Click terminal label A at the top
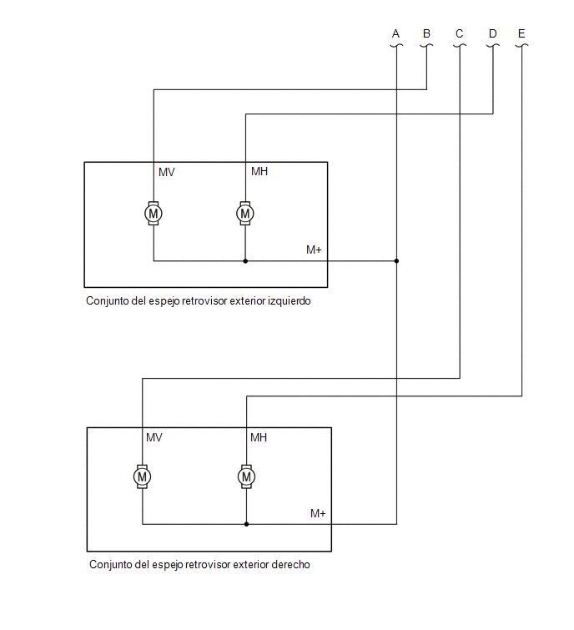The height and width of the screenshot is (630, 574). pyautogui.click(x=395, y=33)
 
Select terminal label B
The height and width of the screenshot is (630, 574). pyautogui.click(x=426, y=33)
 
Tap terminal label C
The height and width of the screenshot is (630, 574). pyautogui.click(x=460, y=33)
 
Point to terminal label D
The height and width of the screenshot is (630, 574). pyautogui.click(x=493, y=33)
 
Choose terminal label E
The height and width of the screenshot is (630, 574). pyautogui.click(x=521, y=33)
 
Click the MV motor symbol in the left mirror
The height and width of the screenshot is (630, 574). pyautogui.click(x=154, y=214)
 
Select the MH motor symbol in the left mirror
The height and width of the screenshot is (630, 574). pyautogui.click(x=245, y=214)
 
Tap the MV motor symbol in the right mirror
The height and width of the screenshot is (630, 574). pyautogui.click(x=142, y=477)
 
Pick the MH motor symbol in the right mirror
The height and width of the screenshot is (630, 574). pyautogui.click(x=246, y=477)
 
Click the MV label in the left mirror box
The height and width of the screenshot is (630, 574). pyautogui.click(x=167, y=173)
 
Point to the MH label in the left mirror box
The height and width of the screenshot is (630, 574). pyautogui.click(x=259, y=172)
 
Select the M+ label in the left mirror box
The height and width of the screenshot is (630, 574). pyautogui.click(x=314, y=249)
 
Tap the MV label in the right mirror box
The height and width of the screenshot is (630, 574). pyautogui.click(x=154, y=437)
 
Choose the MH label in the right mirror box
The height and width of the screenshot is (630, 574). pyautogui.click(x=259, y=437)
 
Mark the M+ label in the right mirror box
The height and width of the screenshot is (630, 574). pyautogui.click(x=318, y=513)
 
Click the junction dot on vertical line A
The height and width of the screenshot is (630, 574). pyautogui.click(x=396, y=261)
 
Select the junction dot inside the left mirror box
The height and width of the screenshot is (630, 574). pyautogui.click(x=245, y=261)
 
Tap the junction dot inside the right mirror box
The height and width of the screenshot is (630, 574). pyautogui.click(x=246, y=524)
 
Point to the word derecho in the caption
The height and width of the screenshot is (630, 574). pyautogui.click(x=291, y=565)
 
